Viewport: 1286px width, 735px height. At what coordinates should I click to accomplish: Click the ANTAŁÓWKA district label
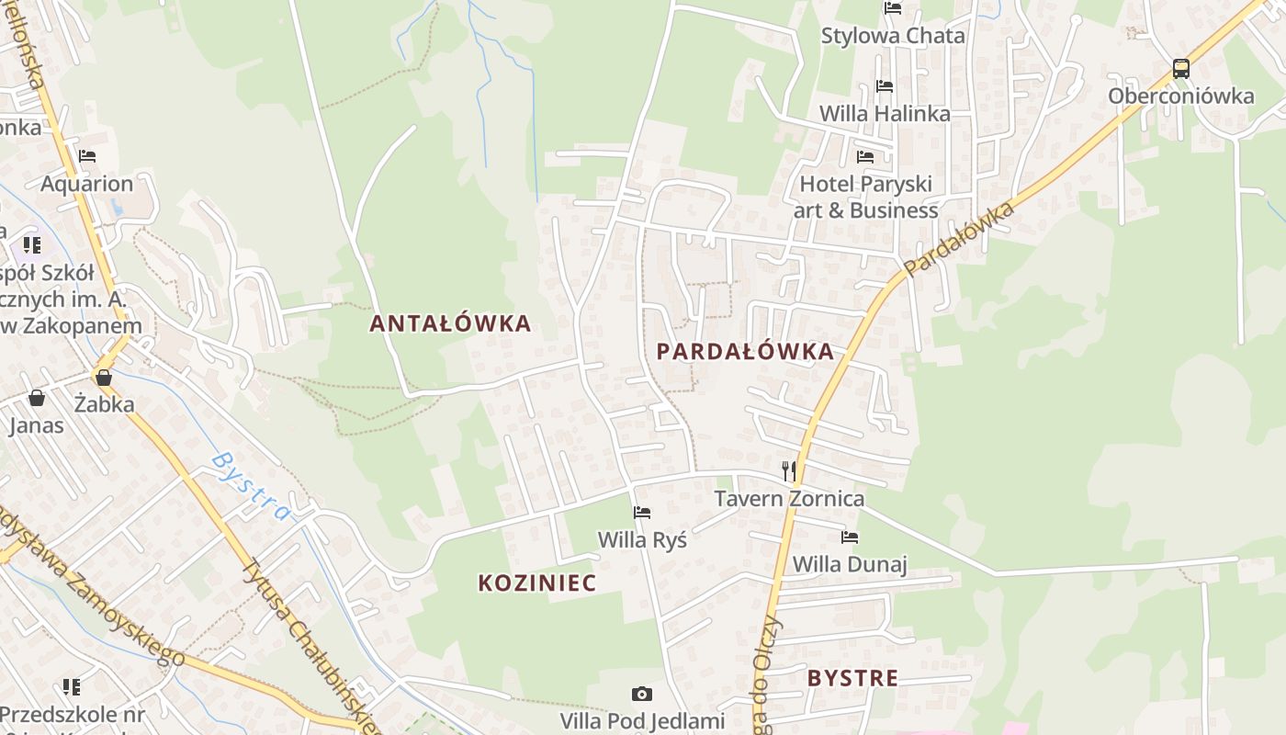coord(450,323)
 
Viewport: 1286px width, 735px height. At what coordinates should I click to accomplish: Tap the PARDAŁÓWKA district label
coord(745,351)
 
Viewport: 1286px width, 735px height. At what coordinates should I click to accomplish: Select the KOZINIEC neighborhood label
coord(537,582)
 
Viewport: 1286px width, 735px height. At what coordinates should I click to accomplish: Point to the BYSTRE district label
coord(852,679)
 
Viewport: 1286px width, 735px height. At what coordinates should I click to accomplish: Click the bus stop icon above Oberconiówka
coord(1181,69)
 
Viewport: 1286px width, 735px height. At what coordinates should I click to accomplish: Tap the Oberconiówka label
coord(1180,96)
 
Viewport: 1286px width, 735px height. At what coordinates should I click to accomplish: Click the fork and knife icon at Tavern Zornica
coord(788,471)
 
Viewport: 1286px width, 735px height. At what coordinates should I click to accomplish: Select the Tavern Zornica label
coord(790,499)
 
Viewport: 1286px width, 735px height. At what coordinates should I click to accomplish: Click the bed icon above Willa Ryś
coord(642,513)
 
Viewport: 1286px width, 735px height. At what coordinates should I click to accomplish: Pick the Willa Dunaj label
coord(850,564)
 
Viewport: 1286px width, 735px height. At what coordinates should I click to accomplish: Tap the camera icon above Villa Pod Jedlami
coord(642,694)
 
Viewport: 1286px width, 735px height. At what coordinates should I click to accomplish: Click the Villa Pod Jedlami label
coord(643,720)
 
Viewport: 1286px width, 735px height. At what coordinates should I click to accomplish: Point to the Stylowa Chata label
coord(893,36)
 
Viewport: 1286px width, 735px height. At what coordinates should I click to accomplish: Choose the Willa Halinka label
coord(885,114)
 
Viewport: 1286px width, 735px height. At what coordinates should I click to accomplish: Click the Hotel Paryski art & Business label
coord(865,197)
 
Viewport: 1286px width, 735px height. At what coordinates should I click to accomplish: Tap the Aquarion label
coord(86,184)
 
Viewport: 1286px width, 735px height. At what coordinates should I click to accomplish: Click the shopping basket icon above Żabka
coord(104,378)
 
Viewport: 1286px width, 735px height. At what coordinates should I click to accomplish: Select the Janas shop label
coord(37,425)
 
